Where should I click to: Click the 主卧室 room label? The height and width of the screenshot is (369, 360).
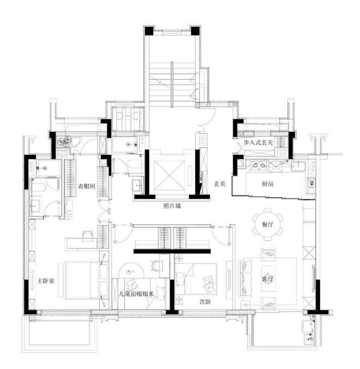[46, 281]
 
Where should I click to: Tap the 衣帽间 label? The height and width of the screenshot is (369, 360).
[87, 186]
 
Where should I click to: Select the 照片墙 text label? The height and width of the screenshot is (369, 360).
[172, 207]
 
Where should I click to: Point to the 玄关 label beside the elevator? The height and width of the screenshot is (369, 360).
[220, 184]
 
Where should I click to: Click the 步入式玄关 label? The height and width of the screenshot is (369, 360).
[258, 143]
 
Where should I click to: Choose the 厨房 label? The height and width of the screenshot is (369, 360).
[267, 184]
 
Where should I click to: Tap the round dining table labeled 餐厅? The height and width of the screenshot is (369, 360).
[267, 224]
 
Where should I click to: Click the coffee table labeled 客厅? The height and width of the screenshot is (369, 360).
[268, 279]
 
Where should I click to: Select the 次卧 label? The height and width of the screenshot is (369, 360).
[205, 302]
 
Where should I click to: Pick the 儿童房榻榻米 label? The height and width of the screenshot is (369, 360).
[136, 294]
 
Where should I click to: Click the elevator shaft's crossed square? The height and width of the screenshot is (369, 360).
[169, 175]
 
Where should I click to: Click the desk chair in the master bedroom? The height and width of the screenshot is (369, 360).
[87, 234]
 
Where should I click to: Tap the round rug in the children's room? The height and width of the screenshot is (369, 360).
[131, 271]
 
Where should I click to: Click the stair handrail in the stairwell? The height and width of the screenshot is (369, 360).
[172, 84]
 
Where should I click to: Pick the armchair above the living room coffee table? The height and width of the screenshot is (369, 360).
[269, 255]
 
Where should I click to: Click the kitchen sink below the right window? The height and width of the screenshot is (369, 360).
[298, 166]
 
